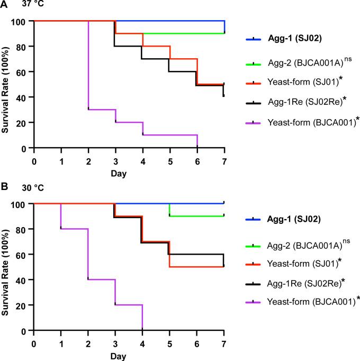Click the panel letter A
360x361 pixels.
click(4, 5)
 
